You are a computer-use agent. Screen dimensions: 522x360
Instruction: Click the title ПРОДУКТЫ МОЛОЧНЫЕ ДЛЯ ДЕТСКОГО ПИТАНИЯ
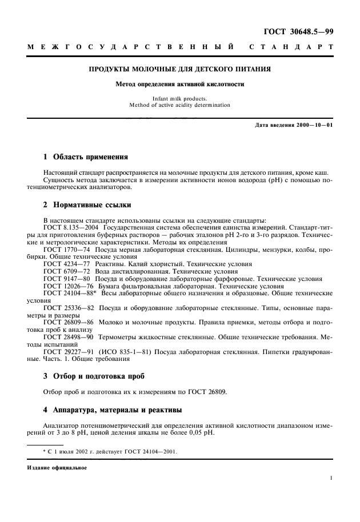(180, 70)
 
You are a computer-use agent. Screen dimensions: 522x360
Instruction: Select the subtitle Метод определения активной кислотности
(180, 84)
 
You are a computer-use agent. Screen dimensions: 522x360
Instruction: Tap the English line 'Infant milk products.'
(180, 99)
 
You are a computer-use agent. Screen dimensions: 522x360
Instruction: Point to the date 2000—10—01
(311, 125)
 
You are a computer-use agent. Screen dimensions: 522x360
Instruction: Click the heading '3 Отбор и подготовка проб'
(94, 376)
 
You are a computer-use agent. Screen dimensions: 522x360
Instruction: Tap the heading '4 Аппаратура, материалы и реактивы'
(113, 409)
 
